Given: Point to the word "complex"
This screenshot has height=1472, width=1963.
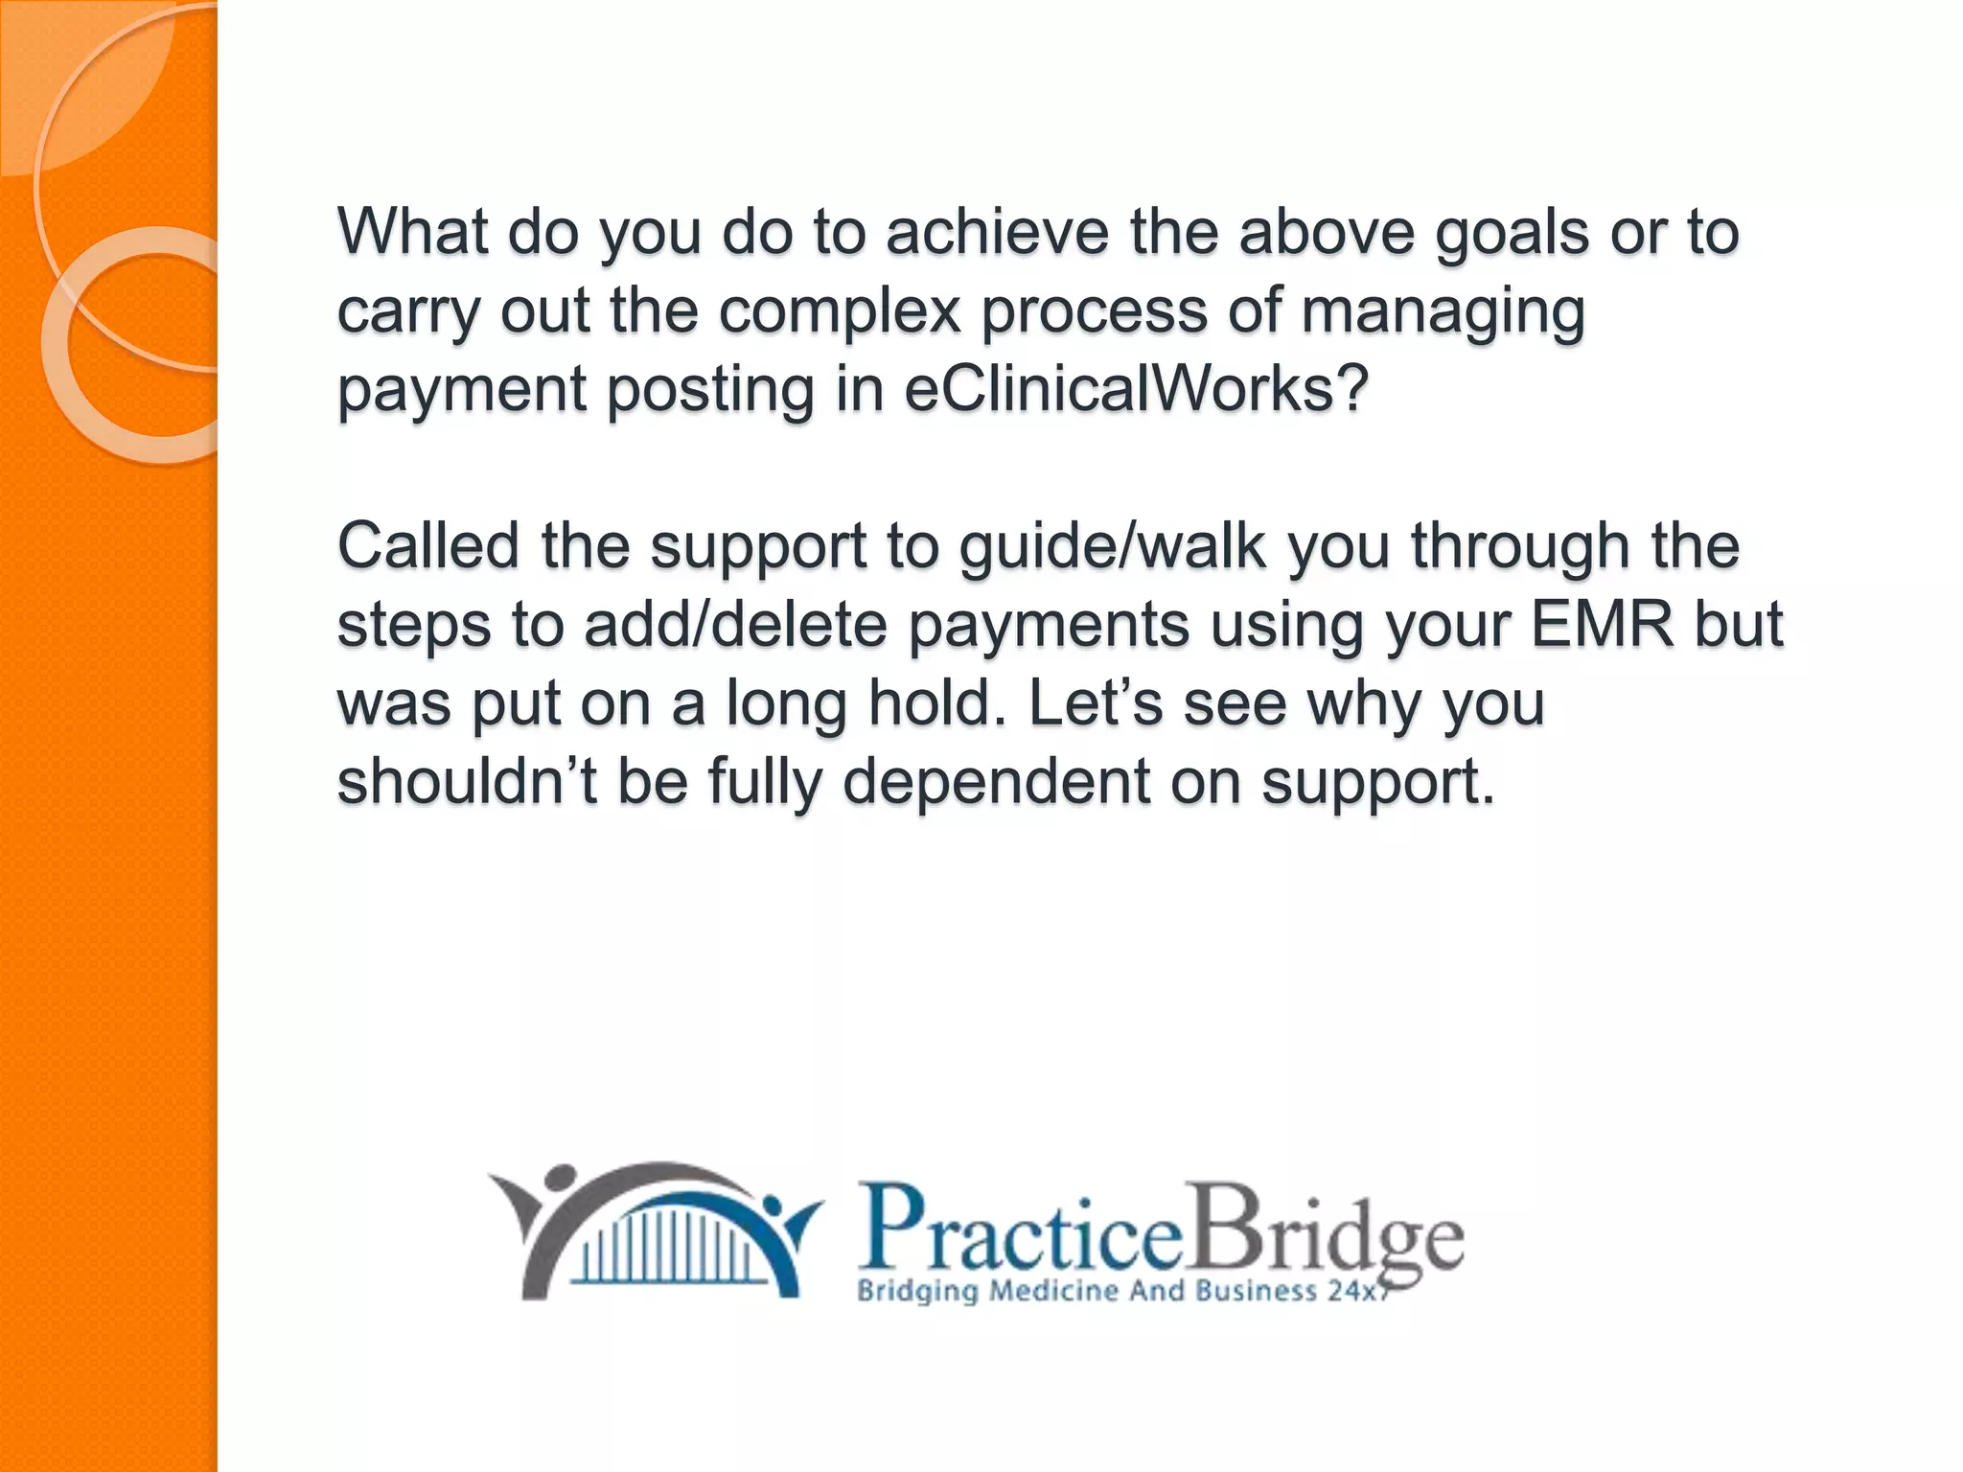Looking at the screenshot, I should tap(840, 311).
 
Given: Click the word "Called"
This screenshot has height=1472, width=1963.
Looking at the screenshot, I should tap(427, 545).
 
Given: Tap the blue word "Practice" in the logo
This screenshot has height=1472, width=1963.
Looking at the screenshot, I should tap(1021, 1230).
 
